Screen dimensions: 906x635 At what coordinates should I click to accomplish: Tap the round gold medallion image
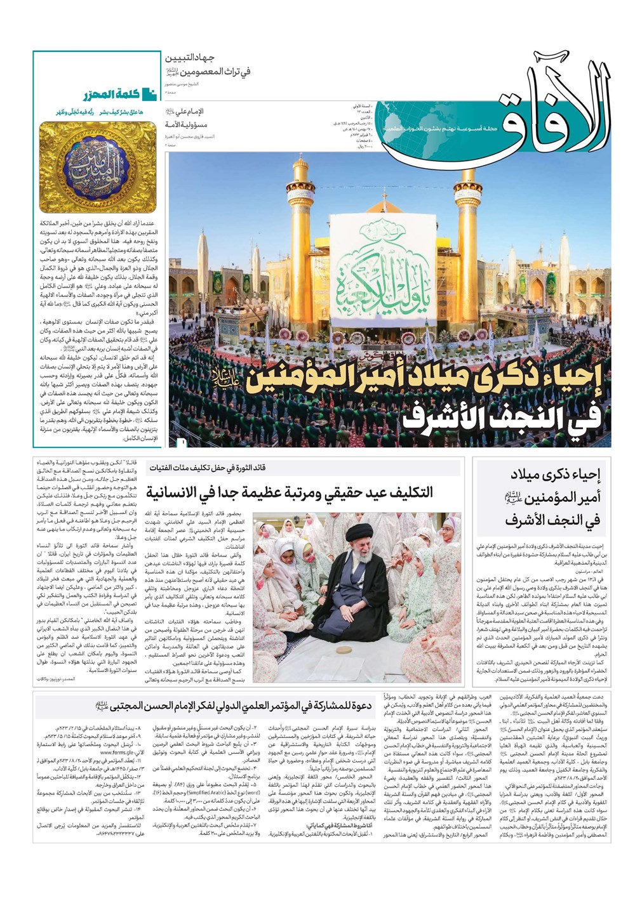98,166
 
